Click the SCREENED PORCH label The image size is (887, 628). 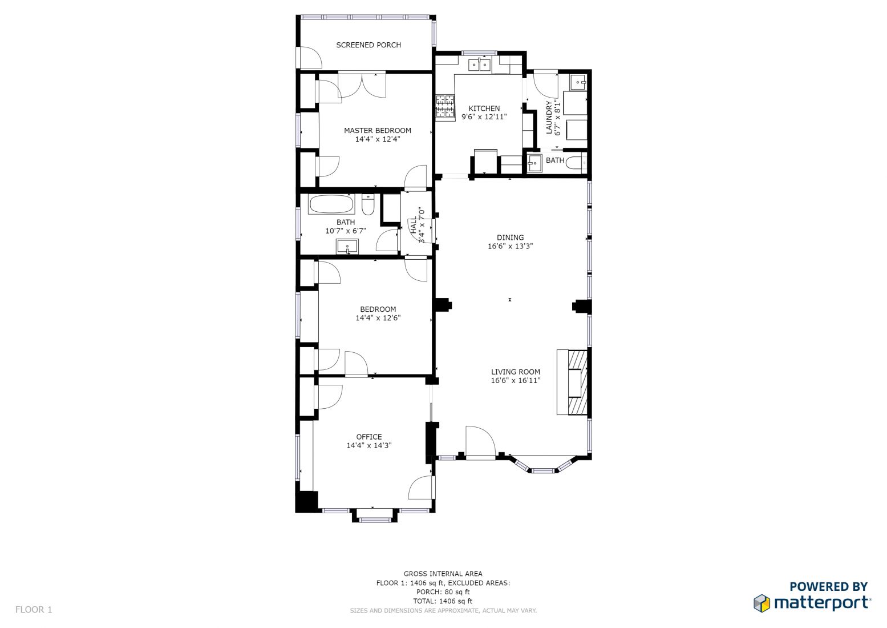pos(368,45)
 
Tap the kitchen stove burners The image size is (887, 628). pos(445,106)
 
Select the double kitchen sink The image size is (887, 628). pos(480,65)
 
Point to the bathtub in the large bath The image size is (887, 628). pos(331,204)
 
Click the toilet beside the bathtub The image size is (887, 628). pos(368,204)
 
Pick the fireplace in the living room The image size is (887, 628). pos(572,382)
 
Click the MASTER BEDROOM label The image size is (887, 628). pos(378,130)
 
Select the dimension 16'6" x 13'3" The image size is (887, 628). pos(510,246)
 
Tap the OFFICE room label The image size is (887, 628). pos(368,437)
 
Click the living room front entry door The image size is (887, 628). pos(480,442)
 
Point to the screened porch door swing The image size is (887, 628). pos(311,58)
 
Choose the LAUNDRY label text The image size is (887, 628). pos(549,117)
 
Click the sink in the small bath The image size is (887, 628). pos(534,163)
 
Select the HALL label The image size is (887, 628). pos(414,225)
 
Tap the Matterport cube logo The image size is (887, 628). pos(762,603)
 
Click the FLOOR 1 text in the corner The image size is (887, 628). pos(34,609)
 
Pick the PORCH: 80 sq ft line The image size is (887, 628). pos(443,592)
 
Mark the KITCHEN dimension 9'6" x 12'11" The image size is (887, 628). pos(484,117)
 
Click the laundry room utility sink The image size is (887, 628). pos(578,82)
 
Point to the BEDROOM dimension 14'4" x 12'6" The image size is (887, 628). pos(378,318)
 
